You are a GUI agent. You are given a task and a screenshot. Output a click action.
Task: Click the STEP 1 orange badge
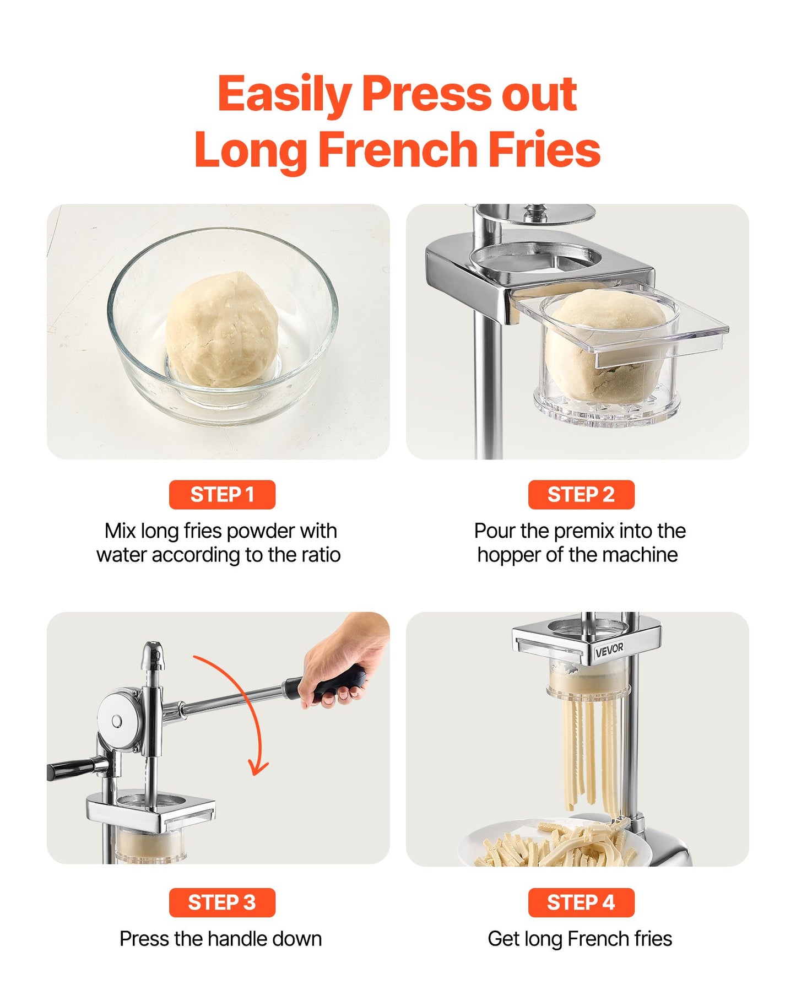click(221, 495)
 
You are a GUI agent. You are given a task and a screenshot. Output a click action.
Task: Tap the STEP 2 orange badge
click(581, 495)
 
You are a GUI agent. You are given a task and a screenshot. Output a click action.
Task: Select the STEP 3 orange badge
click(221, 902)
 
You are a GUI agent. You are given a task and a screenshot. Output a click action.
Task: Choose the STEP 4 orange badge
click(581, 902)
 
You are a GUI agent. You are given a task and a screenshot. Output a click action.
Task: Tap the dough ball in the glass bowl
click(222, 329)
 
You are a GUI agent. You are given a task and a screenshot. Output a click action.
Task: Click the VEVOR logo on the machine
click(609, 650)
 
